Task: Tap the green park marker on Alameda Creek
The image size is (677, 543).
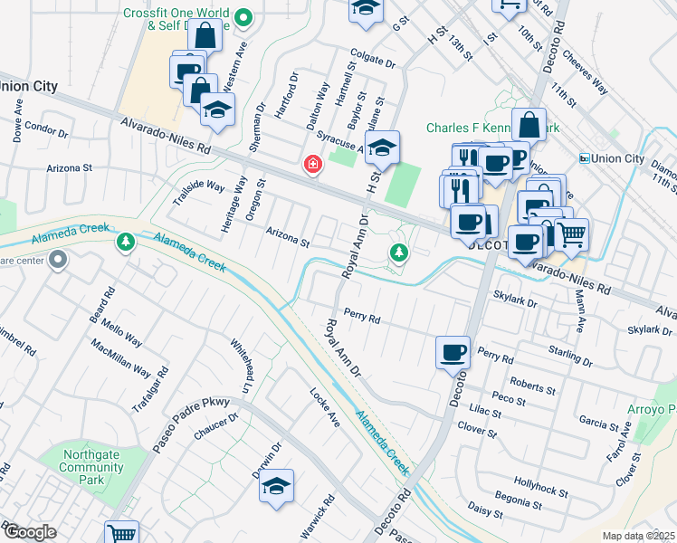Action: click(x=125, y=242)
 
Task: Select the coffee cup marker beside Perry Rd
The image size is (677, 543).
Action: click(x=453, y=352)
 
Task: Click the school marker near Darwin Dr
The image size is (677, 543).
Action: click(x=277, y=486)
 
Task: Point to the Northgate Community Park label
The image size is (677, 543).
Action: click(x=91, y=462)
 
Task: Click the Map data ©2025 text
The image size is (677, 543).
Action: click(x=638, y=536)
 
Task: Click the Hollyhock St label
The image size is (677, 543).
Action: click(x=540, y=490)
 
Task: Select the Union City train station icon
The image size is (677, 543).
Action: click(x=585, y=158)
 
